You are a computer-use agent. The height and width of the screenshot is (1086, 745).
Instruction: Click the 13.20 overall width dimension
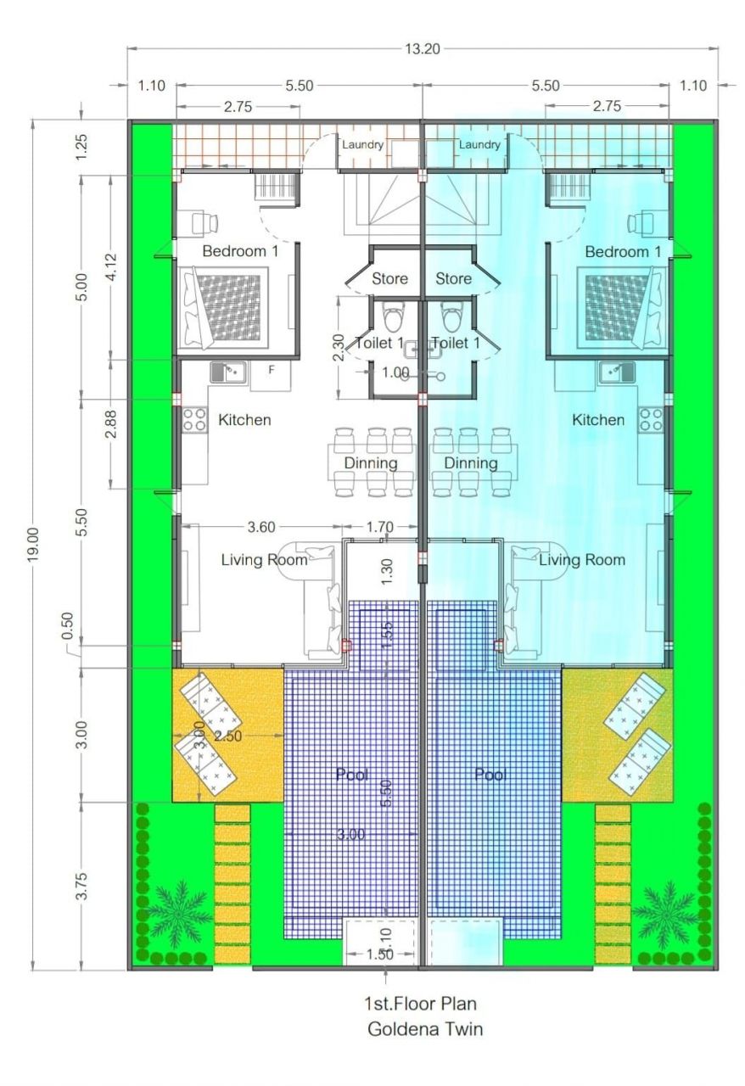[x=422, y=48]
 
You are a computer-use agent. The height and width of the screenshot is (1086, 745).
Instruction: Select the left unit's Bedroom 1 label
[x=240, y=252]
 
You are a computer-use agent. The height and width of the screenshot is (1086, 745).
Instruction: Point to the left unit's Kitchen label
[x=244, y=420]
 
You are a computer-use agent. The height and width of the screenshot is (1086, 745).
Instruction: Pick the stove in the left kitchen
[x=194, y=419]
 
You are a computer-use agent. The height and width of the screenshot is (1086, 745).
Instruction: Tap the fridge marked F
[x=272, y=371]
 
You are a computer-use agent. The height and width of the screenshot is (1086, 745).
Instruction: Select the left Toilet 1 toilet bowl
[x=393, y=319]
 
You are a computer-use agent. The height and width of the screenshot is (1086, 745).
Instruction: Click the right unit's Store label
[x=453, y=278]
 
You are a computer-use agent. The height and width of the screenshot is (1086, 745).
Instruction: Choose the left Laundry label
[x=362, y=145]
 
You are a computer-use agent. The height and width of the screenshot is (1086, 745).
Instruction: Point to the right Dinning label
[x=471, y=463]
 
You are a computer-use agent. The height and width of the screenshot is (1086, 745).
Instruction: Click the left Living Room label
[x=264, y=560]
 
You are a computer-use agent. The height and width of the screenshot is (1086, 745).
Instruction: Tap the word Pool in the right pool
[x=490, y=775]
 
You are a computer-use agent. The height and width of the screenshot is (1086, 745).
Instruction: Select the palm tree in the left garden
[x=177, y=912]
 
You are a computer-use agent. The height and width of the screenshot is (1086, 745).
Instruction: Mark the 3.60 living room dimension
[x=260, y=528]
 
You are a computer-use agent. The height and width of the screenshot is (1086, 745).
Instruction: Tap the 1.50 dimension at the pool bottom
[x=381, y=954]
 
